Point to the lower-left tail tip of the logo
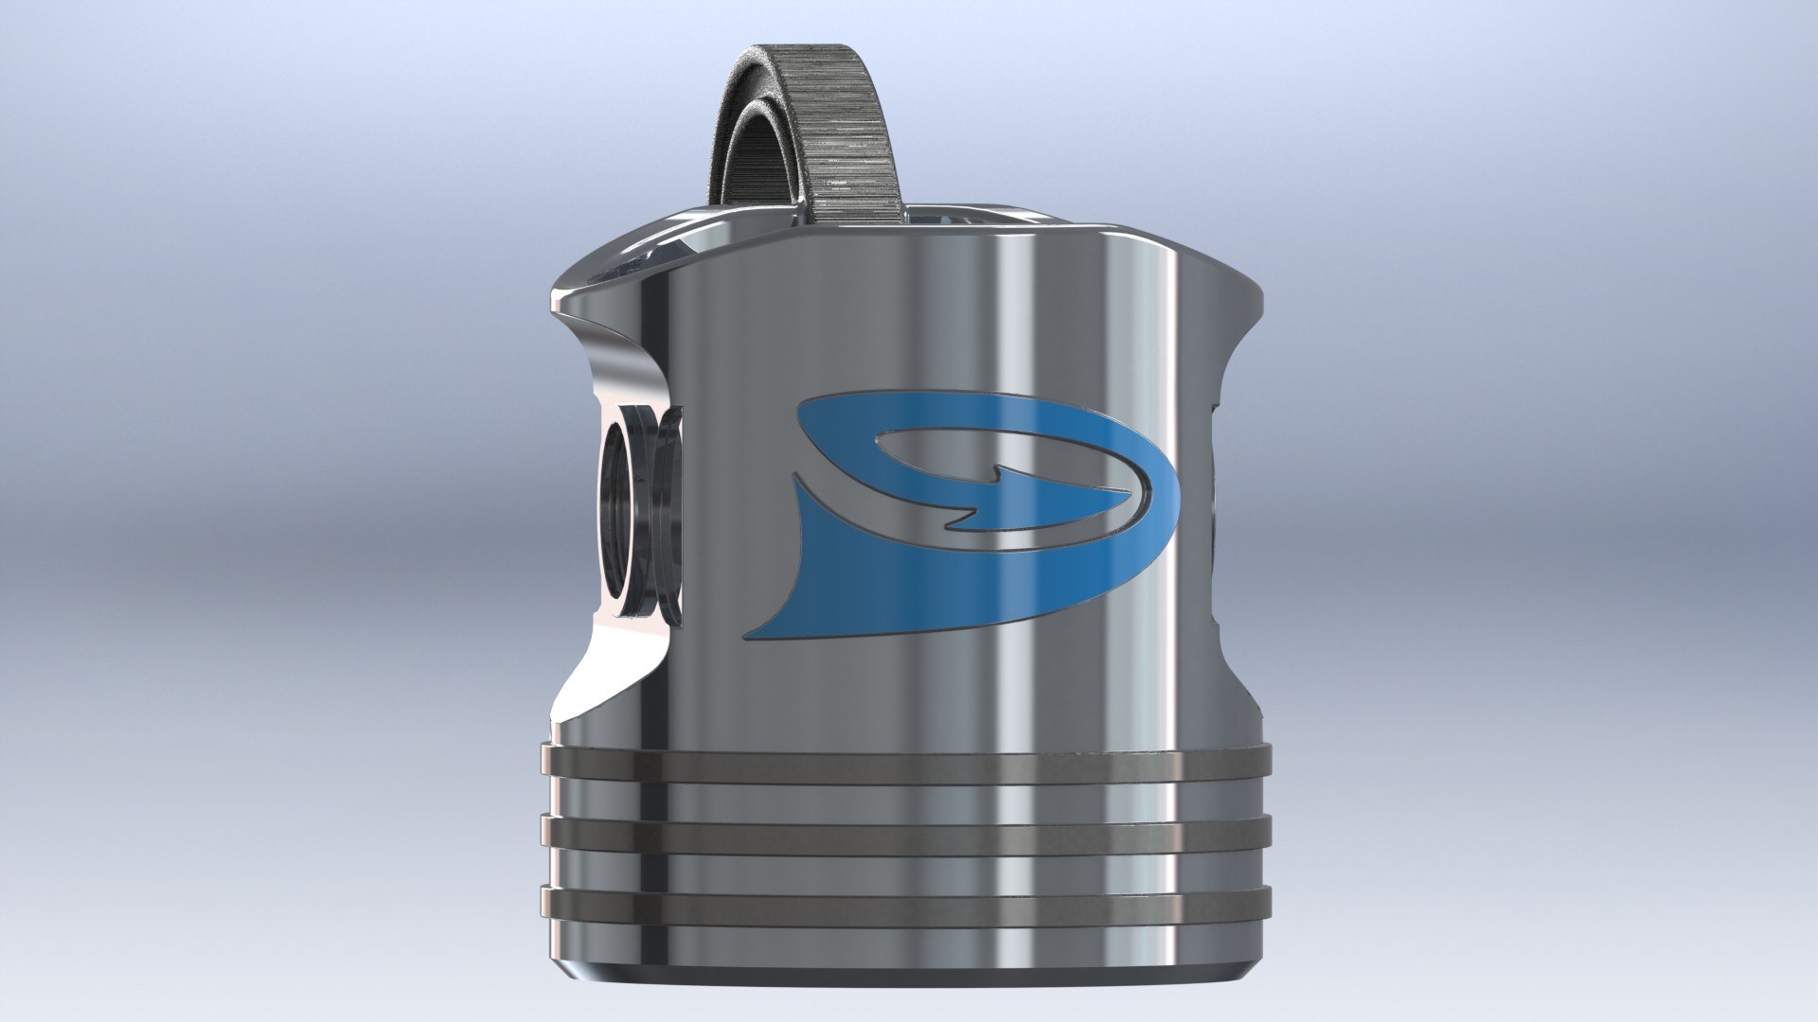[754, 633]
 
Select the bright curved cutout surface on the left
[606, 662]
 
